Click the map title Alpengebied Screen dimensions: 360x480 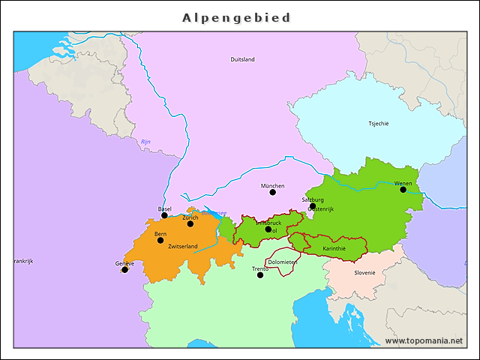pos(236,17)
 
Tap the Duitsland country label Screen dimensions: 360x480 pos(242,59)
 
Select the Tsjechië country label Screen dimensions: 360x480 pos(379,124)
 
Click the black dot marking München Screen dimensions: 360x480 pos(273,193)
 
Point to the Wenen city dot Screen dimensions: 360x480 pos(403,190)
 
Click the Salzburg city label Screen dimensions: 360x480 pos(313,199)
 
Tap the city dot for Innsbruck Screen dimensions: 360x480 pos(268,229)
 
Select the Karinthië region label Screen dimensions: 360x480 pos(334,248)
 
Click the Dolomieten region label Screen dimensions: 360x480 pos(283,262)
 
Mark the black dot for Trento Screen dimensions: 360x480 pos(260,275)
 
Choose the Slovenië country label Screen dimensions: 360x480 pos(364,272)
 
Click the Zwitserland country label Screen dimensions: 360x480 pos(183,246)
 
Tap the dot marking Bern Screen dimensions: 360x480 pos(160,241)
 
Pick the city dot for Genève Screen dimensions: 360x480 pos(124,270)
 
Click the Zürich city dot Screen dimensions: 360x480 pos(190,223)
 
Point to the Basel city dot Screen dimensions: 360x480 pos(165,215)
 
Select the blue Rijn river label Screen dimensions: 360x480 pos(145,142)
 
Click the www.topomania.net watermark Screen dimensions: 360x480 pos(424,340)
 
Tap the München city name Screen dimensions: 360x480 pos(273,185)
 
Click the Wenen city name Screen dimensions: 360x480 pos(403,183)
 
